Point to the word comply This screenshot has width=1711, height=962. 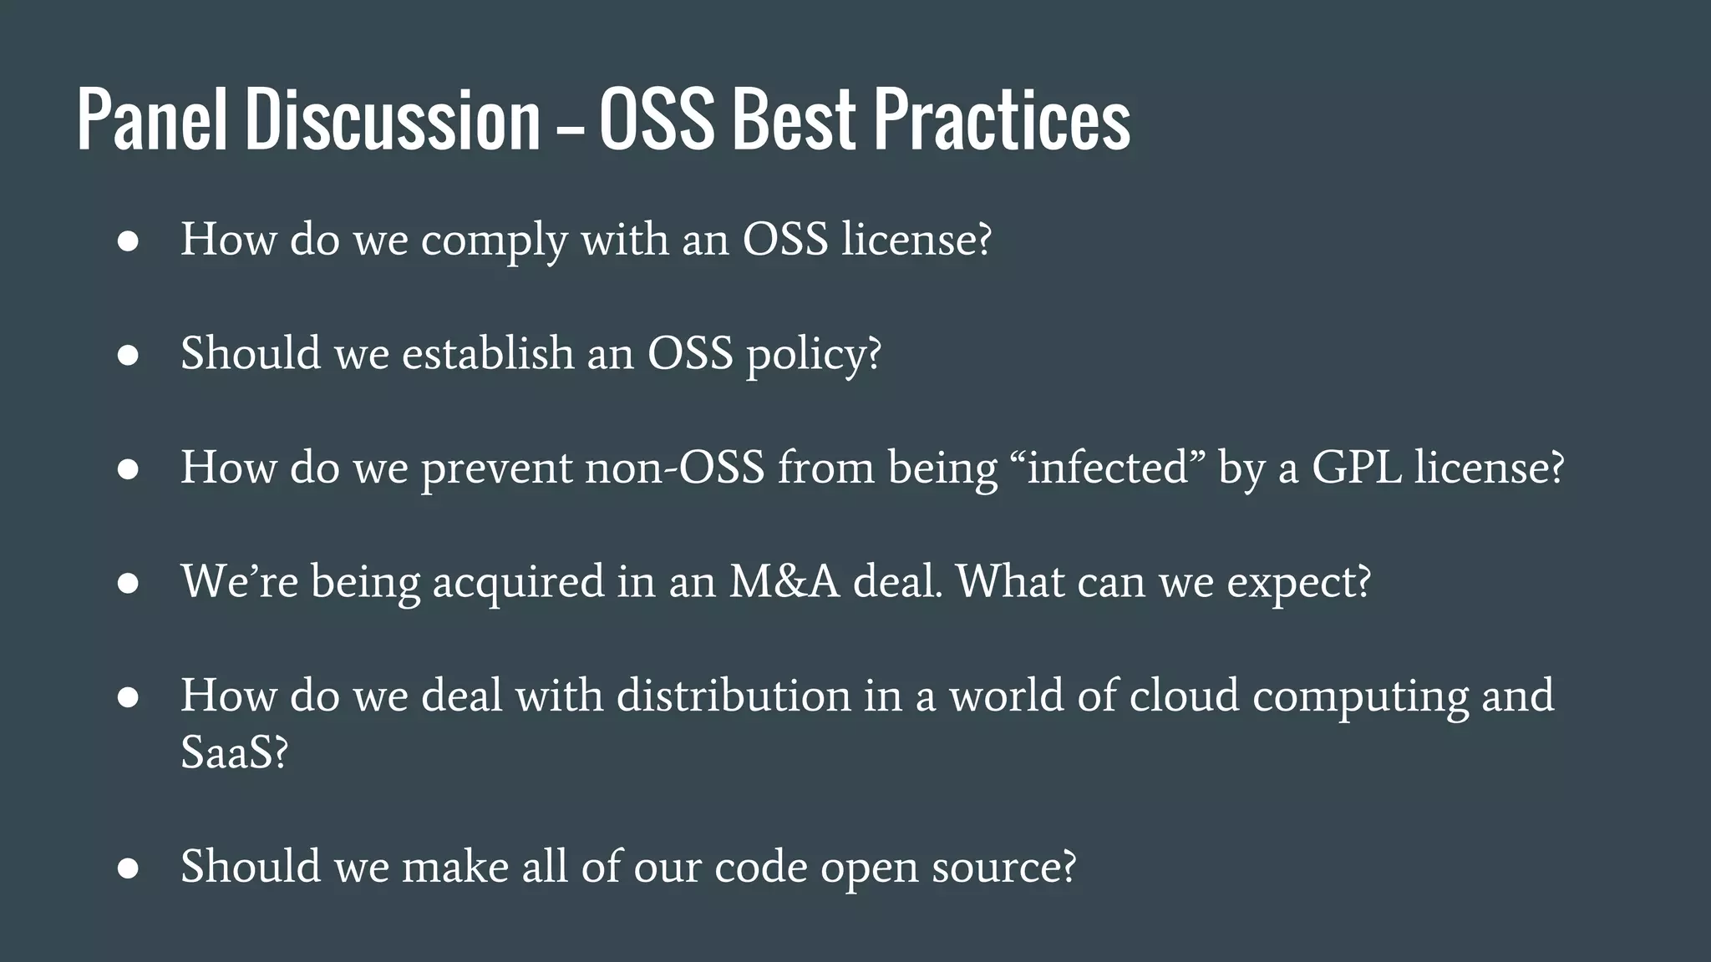click(494, 241)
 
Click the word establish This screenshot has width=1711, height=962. click(488, 353)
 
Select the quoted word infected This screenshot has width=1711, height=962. click(1108, 467)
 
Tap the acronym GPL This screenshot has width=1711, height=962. click(1357, 467)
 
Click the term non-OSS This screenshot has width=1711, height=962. click(674, 467)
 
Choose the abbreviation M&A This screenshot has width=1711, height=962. click(784, 581)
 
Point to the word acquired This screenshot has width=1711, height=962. click(518, 583)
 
